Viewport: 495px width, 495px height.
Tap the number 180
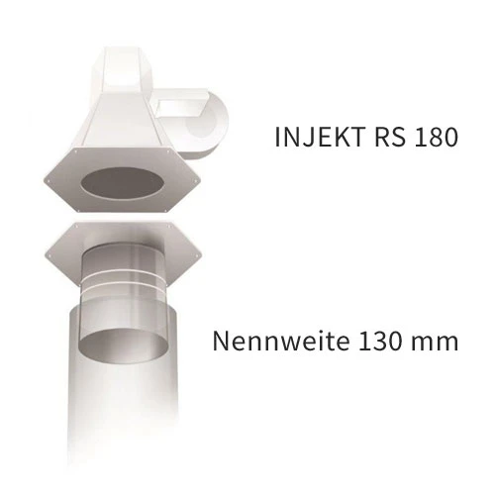(437, 138)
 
